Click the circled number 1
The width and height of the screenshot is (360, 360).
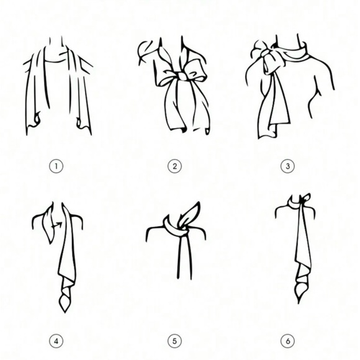coord(56,166)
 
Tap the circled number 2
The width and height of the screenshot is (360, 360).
coord(174,166)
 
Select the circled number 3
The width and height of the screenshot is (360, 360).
coord(287,166)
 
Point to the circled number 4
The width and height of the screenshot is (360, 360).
coord(56,341)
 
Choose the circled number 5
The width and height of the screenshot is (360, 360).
coord(174,341)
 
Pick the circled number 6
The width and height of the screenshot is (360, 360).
coord(287,341)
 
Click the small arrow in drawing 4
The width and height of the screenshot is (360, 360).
coord(57,225)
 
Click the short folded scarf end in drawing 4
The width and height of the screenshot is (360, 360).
coord(48,224)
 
